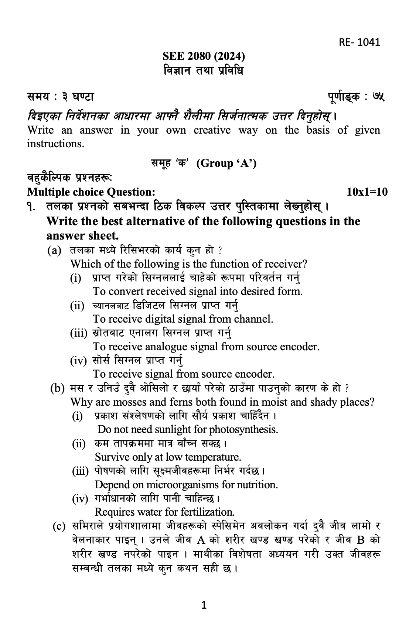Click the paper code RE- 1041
359,42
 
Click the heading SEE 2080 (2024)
204,56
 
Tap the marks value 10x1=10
367,192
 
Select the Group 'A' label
226,164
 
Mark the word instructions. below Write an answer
55,144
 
